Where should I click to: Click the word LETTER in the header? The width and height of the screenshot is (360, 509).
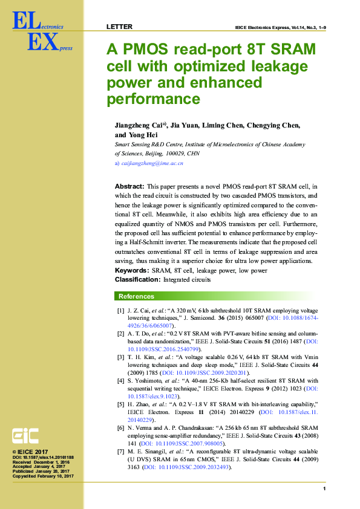(x=119, y=27)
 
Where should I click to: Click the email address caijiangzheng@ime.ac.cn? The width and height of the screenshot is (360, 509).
(x=152, y=163)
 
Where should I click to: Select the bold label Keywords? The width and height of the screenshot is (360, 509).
(x=132, y=271)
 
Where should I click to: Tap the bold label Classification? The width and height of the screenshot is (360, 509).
(x=137, y=280)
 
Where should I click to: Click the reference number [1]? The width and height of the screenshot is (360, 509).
(x=120, y=310)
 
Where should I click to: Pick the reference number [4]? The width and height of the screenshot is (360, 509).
(x=120, y=380)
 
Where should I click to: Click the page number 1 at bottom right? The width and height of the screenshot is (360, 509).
(x=325, y=488)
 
